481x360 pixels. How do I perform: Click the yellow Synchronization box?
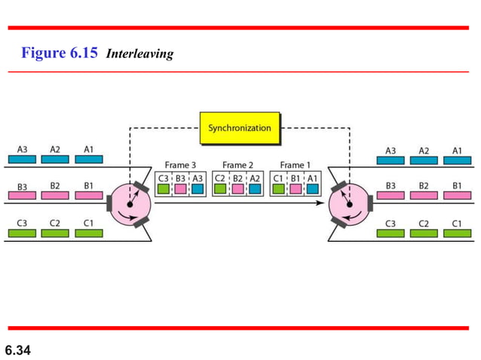tap(239, 128)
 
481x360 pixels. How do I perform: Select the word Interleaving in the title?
tap(140, 53)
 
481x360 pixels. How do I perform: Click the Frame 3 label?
tap(181, 165)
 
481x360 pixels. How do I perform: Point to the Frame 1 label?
tap(296, 165)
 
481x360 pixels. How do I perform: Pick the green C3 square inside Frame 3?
tap(164, 189)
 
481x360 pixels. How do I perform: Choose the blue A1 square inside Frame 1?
tap(312, 189)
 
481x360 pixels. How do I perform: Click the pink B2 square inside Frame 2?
tap(237, 189)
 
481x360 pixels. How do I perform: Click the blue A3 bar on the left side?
tap(22, 160)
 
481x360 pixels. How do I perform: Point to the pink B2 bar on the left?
tap(55, 195)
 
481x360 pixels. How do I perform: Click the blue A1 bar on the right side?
tap(457, 160)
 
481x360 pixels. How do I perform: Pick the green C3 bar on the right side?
tap(391, 233)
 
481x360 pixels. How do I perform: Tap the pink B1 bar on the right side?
tap(457, 195)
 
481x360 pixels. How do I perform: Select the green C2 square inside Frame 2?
tap(220, 189)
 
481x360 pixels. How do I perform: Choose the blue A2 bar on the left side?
tap(55, 160)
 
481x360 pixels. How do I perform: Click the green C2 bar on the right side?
tap(424, 233)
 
